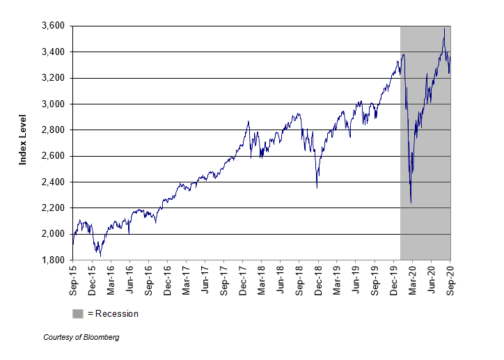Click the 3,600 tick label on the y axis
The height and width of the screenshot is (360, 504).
click(51, 26)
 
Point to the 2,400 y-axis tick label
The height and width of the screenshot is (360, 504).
click(51, 182)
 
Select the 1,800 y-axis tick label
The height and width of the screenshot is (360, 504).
click(51, 260)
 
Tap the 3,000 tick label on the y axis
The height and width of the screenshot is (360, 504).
click(51, 104)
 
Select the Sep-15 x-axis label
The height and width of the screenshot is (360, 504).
click(72, 278)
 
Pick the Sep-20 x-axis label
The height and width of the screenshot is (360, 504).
click(450, 278)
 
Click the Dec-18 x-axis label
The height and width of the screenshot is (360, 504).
click(318, 278)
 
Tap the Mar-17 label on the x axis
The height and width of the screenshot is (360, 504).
click(186, 278)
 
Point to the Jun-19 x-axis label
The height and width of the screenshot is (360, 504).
click(356, 278)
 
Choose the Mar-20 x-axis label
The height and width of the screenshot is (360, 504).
click(412, 278)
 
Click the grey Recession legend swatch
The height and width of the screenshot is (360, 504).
click(77, 313)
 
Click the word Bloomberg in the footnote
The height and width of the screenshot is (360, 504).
click(100, 337)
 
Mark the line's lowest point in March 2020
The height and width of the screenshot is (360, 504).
click(411, 203)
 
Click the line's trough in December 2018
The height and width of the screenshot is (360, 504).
click(317, 188)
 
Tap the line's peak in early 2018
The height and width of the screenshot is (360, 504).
click(248, 122)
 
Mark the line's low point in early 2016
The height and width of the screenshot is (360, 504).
click(101, 256)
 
